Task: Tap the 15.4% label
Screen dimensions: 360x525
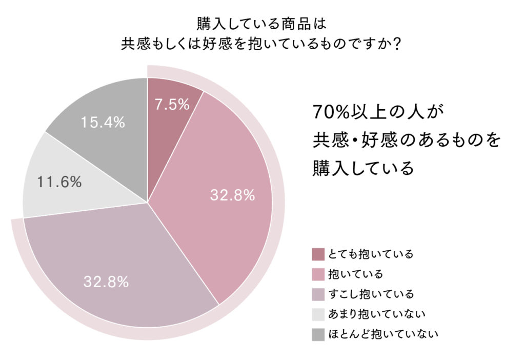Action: [103, 122]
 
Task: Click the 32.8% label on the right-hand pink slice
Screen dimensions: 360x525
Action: [232, 195]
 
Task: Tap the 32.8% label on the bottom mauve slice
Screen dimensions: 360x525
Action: [106, 282]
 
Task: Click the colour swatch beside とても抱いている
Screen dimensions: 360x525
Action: [318, 254]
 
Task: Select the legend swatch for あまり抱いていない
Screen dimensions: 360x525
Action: [318, 314]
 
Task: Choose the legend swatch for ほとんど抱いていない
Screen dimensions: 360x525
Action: [318, 335]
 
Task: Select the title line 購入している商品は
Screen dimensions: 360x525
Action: [261, 24]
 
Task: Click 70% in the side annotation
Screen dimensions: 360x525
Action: [331, 112]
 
